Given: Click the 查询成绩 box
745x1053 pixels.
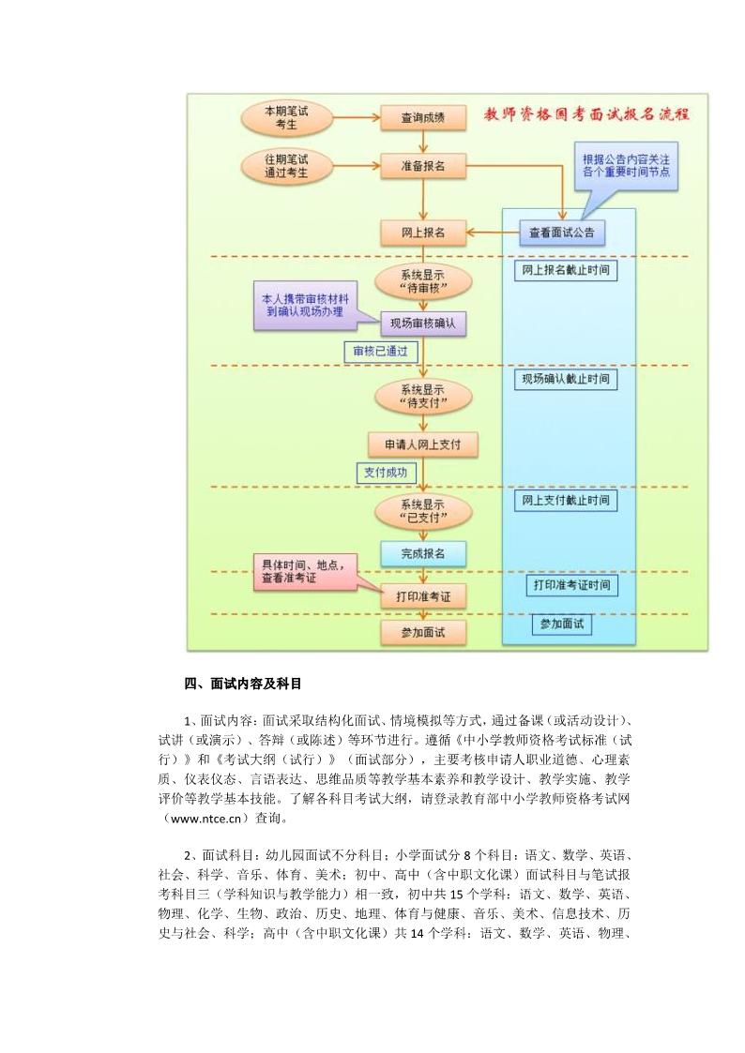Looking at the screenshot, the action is [423, 117].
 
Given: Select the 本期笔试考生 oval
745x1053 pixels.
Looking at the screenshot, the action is [286, 118].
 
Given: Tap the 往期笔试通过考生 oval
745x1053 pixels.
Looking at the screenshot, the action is [286, 166].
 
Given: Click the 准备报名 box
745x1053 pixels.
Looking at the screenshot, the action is [423, 166].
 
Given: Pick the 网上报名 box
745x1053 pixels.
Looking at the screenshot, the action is [423, 233].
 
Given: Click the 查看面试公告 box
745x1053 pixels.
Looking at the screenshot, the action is [562, 233].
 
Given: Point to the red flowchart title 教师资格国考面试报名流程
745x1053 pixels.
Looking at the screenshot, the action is [587, 113].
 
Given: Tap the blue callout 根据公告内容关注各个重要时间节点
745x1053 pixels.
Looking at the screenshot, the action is [626, 167].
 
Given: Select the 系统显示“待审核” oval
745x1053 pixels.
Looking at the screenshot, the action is [423, 282].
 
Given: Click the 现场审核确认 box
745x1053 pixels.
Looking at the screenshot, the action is [423, 323].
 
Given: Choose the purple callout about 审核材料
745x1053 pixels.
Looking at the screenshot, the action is [306, 306].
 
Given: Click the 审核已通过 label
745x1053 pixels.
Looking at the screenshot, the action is [381, 352].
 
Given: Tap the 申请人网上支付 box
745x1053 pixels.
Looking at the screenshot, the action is [423, 444].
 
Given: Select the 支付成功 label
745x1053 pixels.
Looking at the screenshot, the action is [386, 473].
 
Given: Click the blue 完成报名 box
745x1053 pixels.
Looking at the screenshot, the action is [423, 554].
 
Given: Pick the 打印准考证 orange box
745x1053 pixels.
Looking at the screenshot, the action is [423, 596].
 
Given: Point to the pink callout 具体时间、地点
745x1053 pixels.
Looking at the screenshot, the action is [304, 572].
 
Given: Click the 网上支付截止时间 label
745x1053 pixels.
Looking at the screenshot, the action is [566, 501].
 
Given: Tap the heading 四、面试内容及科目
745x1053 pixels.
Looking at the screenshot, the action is [243, 684].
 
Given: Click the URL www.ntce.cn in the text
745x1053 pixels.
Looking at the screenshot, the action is [205, 819].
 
